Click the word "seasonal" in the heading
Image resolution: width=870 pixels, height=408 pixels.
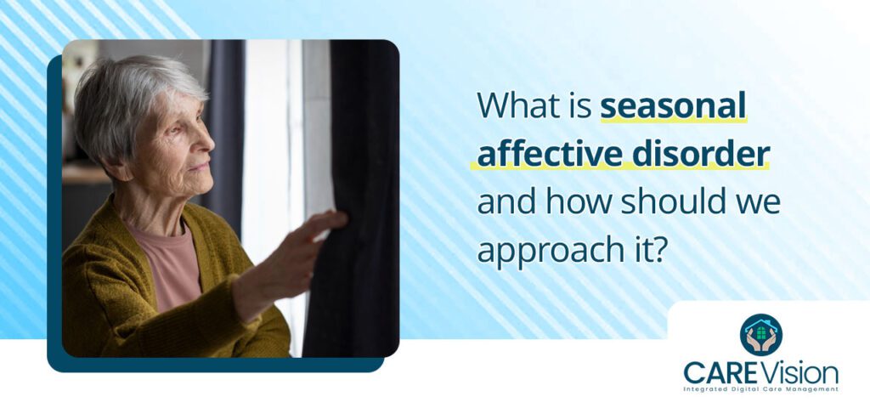click(673, 105)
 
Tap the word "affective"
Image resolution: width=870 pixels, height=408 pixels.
click(550, 154)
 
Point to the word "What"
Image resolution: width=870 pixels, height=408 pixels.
click(517, 105)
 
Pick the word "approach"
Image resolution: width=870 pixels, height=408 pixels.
click(552, 252)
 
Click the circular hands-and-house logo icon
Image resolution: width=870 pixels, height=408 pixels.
click(760, 335)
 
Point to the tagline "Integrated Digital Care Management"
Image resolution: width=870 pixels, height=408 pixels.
click(760, 389)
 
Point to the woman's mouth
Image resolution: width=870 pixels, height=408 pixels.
click(201, 167)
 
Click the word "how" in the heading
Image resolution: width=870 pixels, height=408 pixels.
click(579, 202)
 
